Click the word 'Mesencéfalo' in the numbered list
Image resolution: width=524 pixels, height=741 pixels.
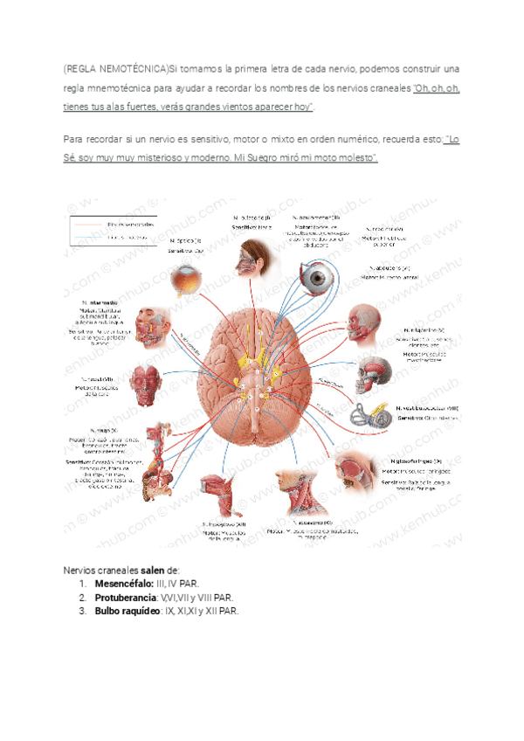pyautogui.click(x=122, y=581)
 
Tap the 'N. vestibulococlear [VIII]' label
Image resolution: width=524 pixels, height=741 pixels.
pyautogui.click(x=427, y=408)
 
